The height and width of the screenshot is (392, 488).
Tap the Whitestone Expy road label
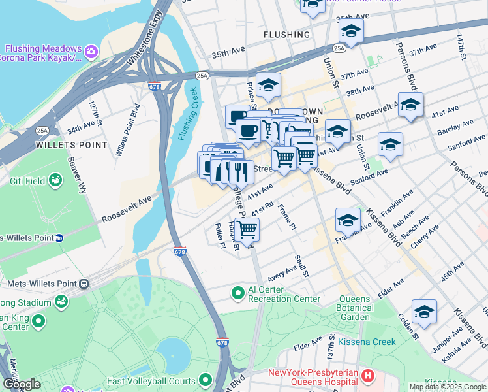point(144,39)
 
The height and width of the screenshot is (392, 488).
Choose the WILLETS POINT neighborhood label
point(72,145)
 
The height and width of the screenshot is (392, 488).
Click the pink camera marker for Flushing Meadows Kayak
point(91,50)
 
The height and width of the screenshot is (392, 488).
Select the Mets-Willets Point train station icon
point(83,284)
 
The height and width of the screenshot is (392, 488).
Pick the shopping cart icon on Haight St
point(247,230)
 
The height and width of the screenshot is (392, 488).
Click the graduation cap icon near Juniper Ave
point(424,312)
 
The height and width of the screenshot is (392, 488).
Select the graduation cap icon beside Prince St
point(267,85)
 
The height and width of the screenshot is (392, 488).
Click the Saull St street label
point(301,267)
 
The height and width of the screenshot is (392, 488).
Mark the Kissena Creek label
point(366,342)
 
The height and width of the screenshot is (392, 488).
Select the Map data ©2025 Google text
point(448,387)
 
